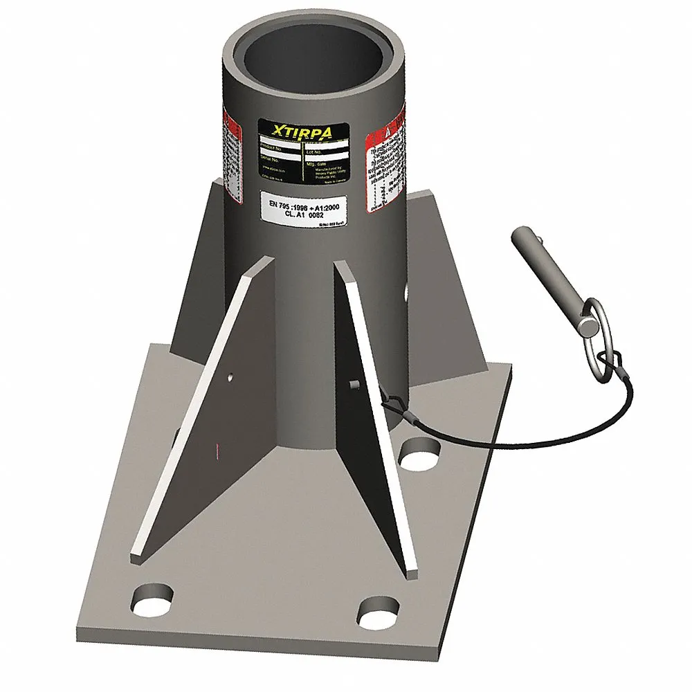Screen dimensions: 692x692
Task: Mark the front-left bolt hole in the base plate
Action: pyautogui.click(x=154, y=597)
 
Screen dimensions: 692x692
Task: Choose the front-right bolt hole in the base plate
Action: pyautogui.click(x=379, y=609)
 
